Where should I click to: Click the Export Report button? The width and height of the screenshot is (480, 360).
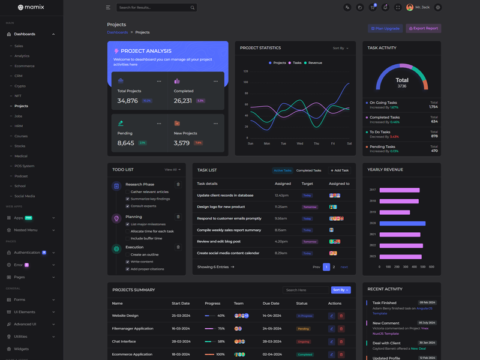pyautogui.click(x=424, y=28)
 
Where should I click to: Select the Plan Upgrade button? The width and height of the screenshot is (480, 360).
pyautogui.click(x=385, y=28)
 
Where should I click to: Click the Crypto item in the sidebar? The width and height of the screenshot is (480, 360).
pyautogui.click(x=20, y=86)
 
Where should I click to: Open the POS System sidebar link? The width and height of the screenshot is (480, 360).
pyautogui.click(x=25, y=166)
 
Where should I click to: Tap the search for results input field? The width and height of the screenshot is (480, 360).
pyautogui.click(x=153, y=8)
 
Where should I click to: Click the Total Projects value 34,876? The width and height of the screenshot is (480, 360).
pyautogui.click(x=128, y=101)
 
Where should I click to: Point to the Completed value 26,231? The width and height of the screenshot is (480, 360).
pyautogui.click(x=183, y=101)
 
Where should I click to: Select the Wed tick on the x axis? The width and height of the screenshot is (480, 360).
pyautogui.click(x=300, y=143)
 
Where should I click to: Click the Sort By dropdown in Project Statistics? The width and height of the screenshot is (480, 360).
pyautogui.click(x=340, y=48)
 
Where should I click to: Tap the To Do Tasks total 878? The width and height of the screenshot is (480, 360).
pyautogui.click(x=434, y=136)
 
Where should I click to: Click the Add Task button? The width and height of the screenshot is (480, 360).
pyautogui.click(x=340, y=170)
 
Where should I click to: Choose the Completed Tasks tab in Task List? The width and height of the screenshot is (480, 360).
pyautogui.click(x=308, y=170)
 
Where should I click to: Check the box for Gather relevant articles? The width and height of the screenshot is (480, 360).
pyautogui.click(x=128, y=192)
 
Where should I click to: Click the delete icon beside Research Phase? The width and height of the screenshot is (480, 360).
pyautogui.click(x=178, y=184)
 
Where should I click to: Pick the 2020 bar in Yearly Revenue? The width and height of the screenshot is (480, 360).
pyautogui.click(x=403, y=223)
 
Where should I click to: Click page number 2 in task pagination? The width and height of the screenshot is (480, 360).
pyautogui.click(x=334, y=267)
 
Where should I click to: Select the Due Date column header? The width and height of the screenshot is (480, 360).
pyautogui.click(x=271, y=304)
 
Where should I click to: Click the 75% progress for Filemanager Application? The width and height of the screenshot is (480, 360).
pyautogui.click(x=221, y=329)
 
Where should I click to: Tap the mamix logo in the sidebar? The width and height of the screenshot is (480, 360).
pyautogui.click(x=31, y=8)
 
